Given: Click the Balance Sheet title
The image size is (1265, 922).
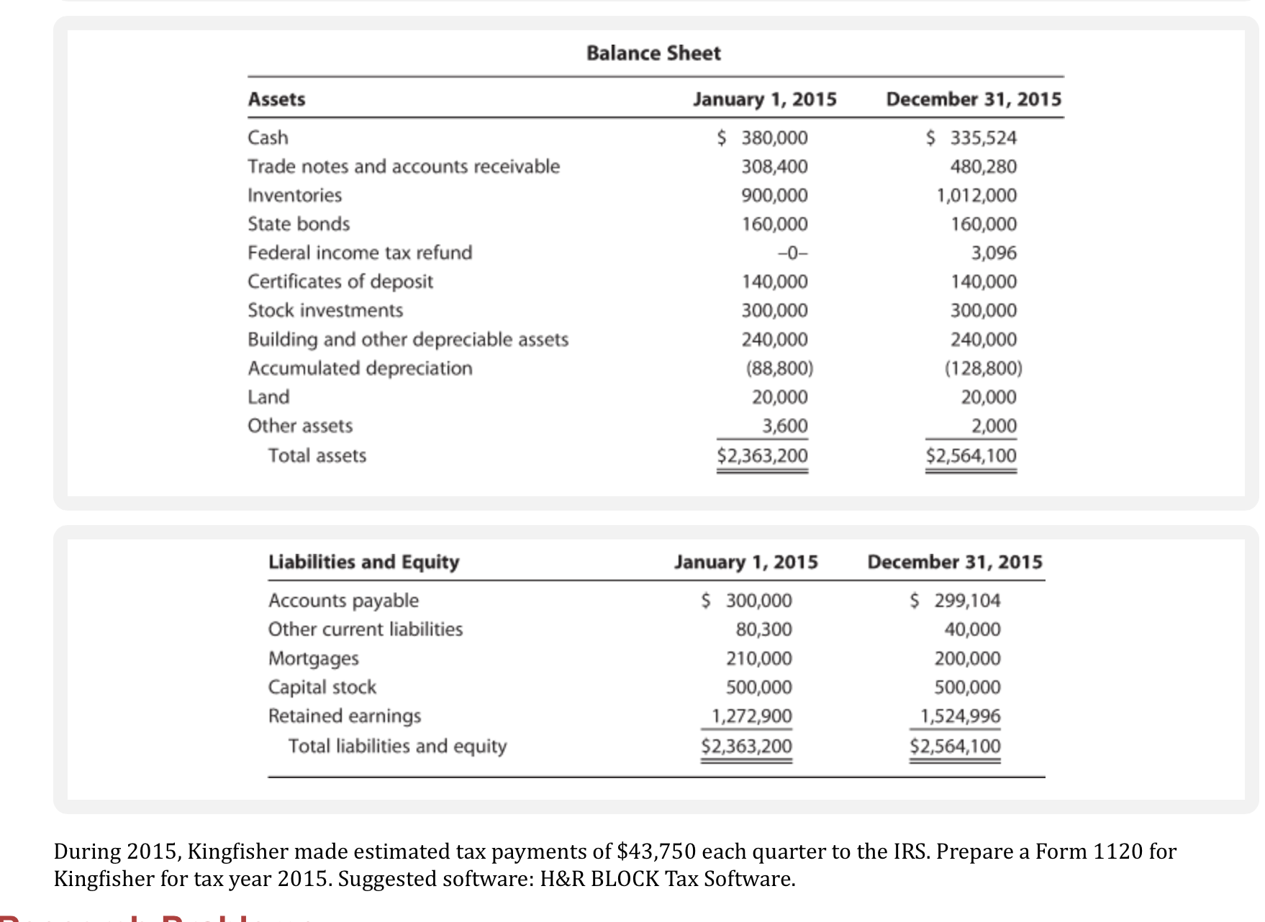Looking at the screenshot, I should point(653,53).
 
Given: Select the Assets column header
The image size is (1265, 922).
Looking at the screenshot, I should point(276,99).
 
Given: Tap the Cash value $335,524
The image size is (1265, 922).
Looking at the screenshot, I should point(971,137).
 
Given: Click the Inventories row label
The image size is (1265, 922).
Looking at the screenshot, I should point(294,195).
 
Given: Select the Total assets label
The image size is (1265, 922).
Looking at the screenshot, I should point(317,455).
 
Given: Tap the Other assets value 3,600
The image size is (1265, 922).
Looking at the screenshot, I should point(785,426).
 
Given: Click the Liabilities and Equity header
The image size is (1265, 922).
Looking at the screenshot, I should point(363,562).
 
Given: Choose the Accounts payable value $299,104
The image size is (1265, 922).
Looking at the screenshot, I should point(956,601).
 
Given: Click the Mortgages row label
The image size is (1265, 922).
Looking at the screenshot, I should point(313,658).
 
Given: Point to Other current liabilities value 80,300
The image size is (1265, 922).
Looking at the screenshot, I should point(763,629).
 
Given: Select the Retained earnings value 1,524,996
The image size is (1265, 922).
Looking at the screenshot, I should point(961,716).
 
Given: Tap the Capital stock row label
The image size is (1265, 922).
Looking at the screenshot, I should point(322,687).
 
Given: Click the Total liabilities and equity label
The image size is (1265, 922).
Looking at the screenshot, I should point(397,746).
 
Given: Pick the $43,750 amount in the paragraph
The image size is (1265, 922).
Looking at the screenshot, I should point(656,852).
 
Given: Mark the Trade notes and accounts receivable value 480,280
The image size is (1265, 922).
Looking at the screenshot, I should point(983,166).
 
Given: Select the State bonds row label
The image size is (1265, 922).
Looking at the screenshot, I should point(299,224).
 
